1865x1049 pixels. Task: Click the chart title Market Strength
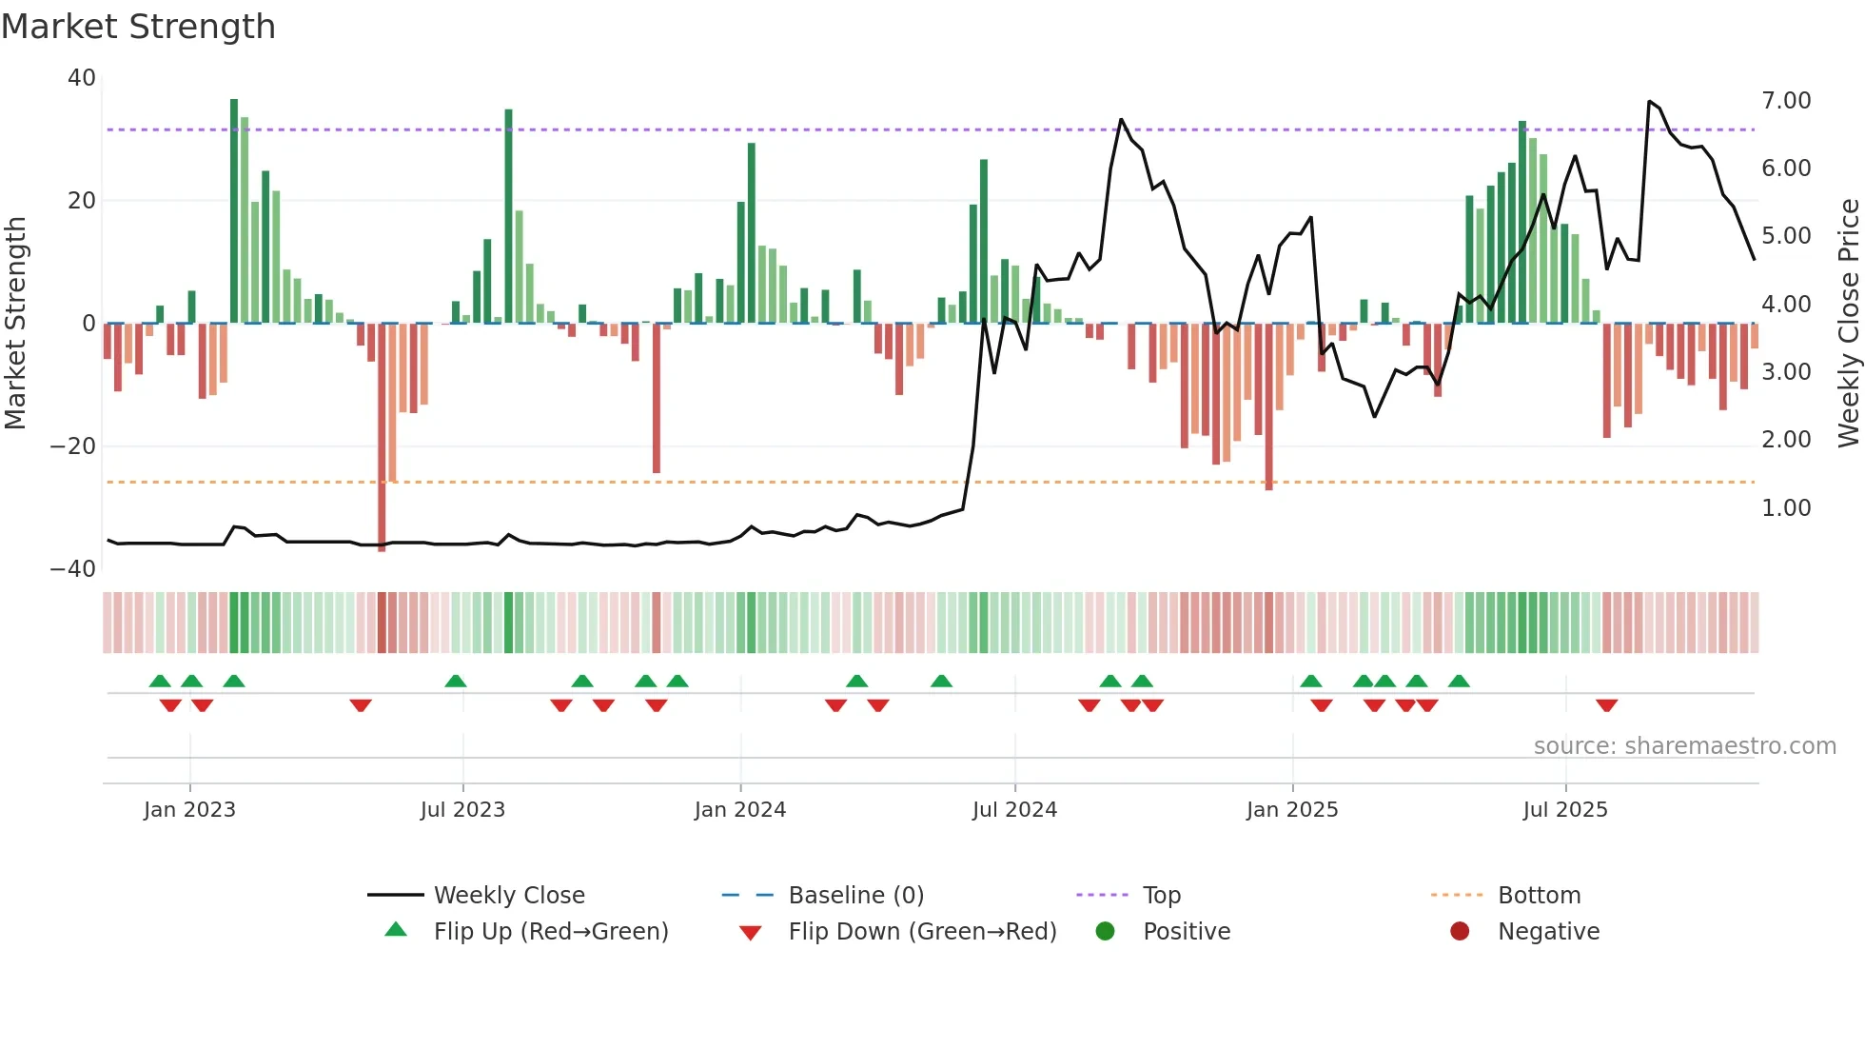tap(138, 27)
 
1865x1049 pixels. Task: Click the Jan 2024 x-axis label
tap(739, 810)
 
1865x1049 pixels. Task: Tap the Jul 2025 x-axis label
tap(1564, 810)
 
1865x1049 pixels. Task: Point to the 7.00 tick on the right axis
tap(1785, 101)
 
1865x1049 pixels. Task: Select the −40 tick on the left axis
tap(73, 569)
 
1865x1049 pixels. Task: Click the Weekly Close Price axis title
tap(1848, 324)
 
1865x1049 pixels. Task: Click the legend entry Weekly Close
tap(508, 896)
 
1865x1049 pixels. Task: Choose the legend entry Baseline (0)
tap(855, 896)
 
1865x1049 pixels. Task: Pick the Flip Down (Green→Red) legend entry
tap(921, 932)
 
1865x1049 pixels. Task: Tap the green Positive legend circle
tap(1105, 932)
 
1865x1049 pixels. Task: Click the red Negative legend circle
tap(1459, 932)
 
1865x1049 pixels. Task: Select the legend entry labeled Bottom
tap(1539, 896)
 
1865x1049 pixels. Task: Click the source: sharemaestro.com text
tap(1684, 746)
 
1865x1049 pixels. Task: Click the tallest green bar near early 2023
tap(234, 209)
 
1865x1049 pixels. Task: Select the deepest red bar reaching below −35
tap(382, 438)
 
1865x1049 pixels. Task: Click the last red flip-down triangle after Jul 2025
tap(1606, 705)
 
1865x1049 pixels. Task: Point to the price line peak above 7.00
tap(1649, 101)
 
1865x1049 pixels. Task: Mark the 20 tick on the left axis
tap(82, 201)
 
